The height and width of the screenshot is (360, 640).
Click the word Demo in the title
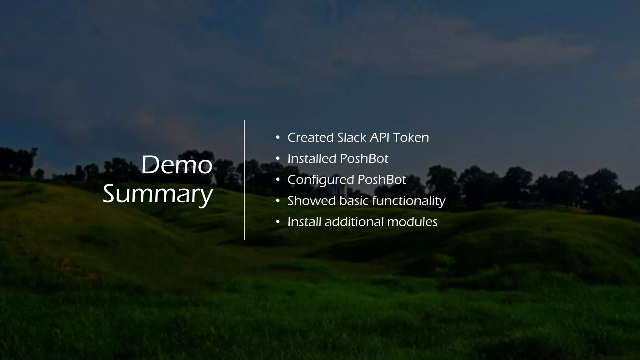[x=177, y=165]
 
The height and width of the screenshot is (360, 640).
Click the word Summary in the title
[x=158, y=194]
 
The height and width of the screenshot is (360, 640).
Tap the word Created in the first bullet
[x=311, y=137]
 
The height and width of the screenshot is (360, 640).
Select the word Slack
[x=352, y=137]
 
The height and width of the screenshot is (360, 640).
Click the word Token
[x=411, y=137]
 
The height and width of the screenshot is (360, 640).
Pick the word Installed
[x=312, y=159]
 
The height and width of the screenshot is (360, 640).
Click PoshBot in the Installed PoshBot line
[x=364, y=159]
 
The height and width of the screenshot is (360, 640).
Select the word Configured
[x=321, y=180]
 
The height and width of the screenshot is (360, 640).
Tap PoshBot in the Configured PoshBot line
[x=382, y=180]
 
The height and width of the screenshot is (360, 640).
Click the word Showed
[x=312, y=201]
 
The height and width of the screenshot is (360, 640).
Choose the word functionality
[x=409, y=201]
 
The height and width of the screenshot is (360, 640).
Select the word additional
[x=354, y=222]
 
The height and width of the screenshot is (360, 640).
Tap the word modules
[x=412, y=222]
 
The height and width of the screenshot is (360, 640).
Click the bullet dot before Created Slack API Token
[x=277, y=137]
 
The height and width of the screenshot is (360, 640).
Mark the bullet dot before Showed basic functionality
[x=277, y=201]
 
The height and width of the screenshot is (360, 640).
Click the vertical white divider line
[x=244, y=180]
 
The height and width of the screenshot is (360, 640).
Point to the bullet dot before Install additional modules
[x=277, y=222]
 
